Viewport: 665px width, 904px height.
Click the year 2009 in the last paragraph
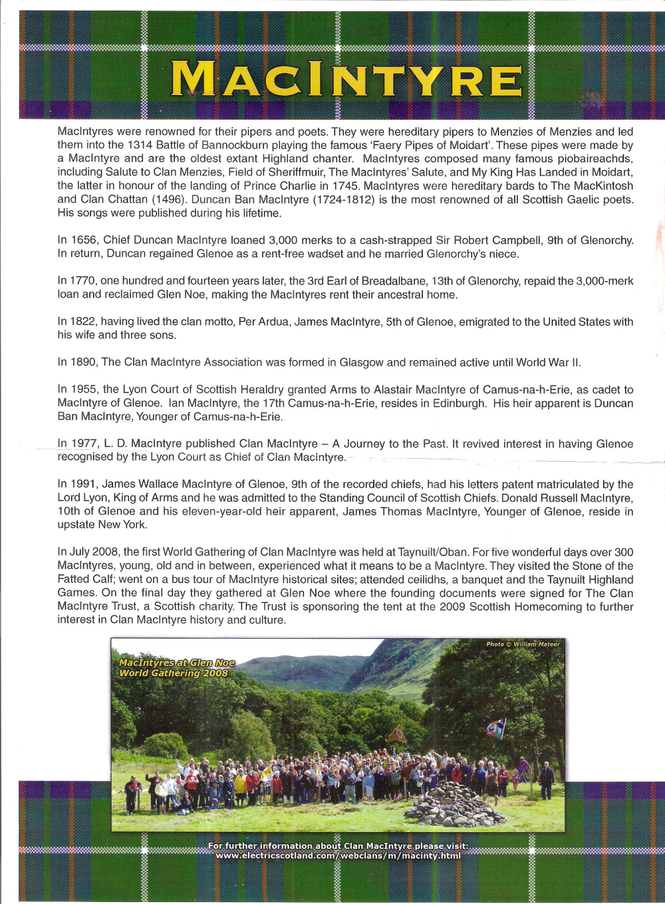tap(452, 606)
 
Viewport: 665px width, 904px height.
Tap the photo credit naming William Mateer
tap(523, 644)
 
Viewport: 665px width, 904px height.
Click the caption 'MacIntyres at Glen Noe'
tap(176, 663)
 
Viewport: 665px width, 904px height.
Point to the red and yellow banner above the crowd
tap(397, 734)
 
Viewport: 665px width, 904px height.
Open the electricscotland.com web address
tap(338, 855)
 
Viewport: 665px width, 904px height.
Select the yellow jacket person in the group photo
tap(240, 784)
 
